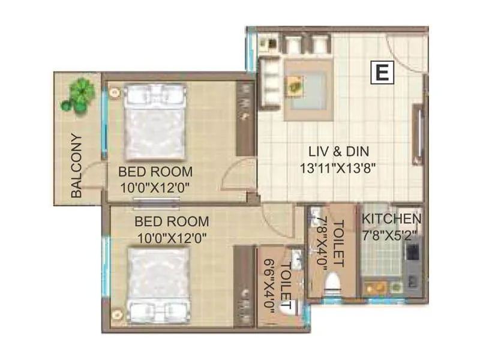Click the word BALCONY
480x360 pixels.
pyautogui.click(x=76, y=165)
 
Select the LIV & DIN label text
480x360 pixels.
pyautogui.click(x=338, y=152)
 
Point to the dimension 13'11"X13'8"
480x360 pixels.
pyautogui.click(x=338, y=168)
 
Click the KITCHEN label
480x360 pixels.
pyautogui.click(x=392, y=219)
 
